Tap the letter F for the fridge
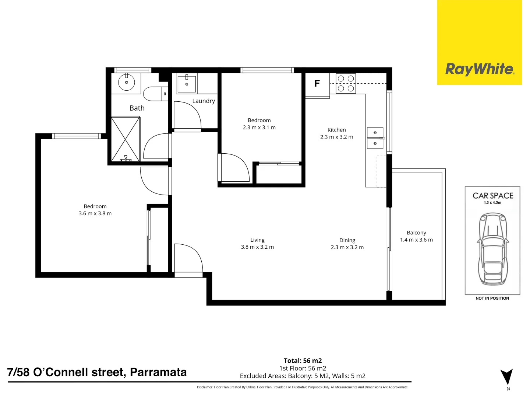point(317,84)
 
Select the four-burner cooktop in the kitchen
point(346,84)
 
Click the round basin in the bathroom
point(126,82)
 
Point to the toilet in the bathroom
point(155,94)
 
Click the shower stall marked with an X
point(125,139)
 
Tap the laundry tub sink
point(187,84)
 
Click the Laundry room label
point(204,101)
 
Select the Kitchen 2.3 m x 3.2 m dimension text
point(337,137)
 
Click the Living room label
point(257,240)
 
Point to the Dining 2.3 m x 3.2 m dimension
point(347,247)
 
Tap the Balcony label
point(417,233)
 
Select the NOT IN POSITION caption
point(492,298)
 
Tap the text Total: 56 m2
point(303,361)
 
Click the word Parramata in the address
point(158,372)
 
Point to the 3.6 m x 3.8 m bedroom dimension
point(95,213)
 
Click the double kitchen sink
point(375,138)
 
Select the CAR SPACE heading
point(493,195)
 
